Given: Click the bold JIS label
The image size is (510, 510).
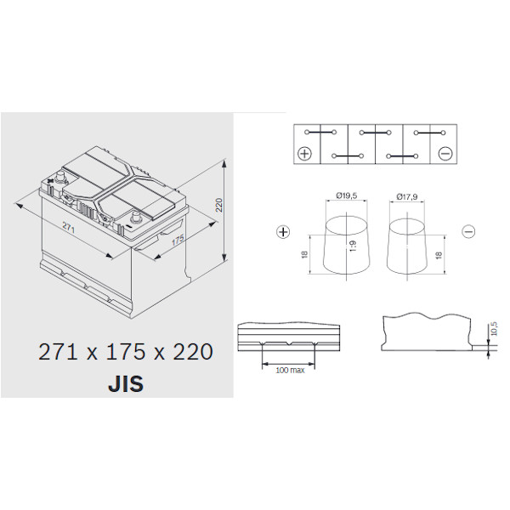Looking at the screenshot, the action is coord(126,384).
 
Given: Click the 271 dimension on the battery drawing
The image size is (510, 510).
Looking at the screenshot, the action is coord(69,228).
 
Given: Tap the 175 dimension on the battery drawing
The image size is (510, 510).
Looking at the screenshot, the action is coord(178,240).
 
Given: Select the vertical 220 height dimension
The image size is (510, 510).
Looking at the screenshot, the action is coord(219,205).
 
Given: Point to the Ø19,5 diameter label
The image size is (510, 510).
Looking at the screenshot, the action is coord(347,195).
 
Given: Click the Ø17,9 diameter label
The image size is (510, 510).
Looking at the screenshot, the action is coord(407,196).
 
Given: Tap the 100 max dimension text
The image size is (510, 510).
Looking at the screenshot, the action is coord(290,370).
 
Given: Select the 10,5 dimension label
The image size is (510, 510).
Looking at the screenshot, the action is coord(494,328).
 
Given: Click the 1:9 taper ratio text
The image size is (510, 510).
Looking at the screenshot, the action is coord(354,246).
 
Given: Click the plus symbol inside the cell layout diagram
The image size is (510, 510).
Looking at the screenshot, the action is coord(305,153).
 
